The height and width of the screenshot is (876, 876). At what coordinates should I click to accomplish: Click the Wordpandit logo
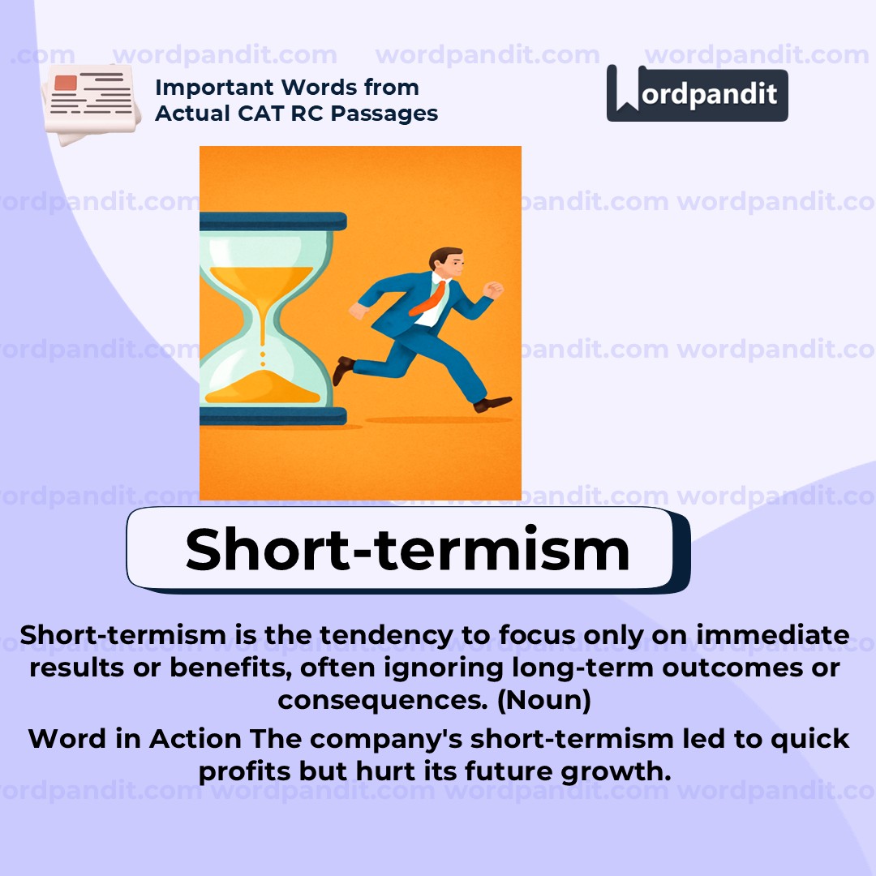pos(697,93)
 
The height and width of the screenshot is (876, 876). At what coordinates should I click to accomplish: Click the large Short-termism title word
pos(407,549)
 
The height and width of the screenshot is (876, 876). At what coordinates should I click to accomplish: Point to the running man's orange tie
pos(430,298)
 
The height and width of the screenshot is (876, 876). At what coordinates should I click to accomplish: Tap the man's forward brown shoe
pos(492,402)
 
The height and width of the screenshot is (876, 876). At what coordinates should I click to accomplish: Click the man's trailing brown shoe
pos(343,369)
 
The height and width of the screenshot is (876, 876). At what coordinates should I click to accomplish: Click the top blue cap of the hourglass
pos(273,221)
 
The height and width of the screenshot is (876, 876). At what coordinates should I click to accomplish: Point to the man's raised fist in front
pos(492,289)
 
